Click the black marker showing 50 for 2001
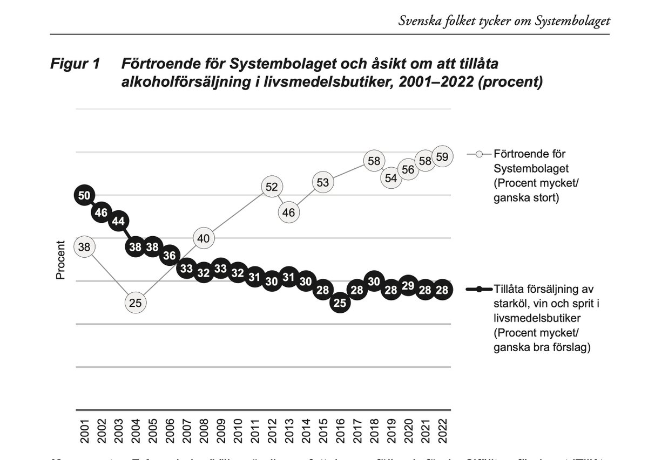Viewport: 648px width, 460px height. pos(84,196)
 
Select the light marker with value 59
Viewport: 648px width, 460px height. pos(442,157)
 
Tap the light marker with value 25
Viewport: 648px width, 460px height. pos(135,303)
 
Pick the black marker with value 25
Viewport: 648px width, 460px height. pos(340,303)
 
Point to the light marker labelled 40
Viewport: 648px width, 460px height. pos(204,238)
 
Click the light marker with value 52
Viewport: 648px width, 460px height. pos(272,187)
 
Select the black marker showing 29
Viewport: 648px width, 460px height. pos(408,286)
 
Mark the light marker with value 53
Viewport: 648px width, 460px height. pos(322,183)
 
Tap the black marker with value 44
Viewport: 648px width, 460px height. pos(118,221)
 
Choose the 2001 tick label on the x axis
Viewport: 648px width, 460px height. pos(85,432)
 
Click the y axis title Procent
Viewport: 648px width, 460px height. pos(60,260)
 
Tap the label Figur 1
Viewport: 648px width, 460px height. pos(75,64)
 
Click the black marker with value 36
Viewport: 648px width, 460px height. pos(170,256)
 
